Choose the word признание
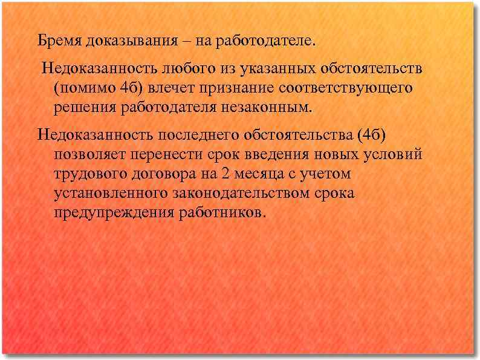(x=238, y=88)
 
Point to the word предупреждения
(x=113, y=214)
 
